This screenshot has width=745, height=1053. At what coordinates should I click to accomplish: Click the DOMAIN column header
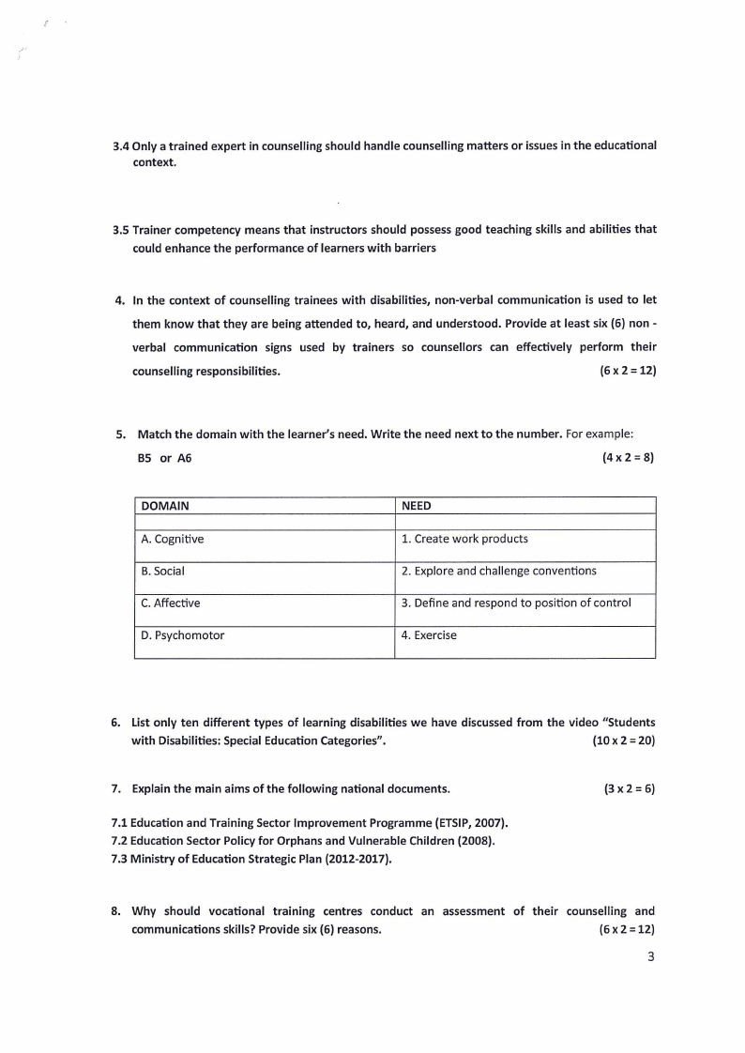(x=165, y=506)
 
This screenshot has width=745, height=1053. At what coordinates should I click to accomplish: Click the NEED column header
(x=417, y=506)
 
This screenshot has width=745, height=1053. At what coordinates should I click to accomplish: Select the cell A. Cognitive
(x=173, y=540)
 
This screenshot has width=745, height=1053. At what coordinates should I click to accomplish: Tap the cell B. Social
(x=163, y=572)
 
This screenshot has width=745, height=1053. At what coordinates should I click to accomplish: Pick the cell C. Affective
(x=171, y=603)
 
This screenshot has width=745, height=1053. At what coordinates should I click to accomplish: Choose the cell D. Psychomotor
(x=183, y=635)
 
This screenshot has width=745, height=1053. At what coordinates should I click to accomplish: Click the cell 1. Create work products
(x=464, y=539)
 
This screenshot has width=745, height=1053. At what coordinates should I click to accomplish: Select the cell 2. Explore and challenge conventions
(x=498, y=571)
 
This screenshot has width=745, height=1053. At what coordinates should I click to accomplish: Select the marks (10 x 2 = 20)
(x=624, y=740)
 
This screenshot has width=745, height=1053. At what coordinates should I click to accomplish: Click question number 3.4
(x=120, y=146)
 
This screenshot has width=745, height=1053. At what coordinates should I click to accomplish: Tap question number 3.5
(x=120, y=230)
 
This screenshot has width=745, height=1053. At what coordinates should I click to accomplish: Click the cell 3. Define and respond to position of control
(x=516, y=603)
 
